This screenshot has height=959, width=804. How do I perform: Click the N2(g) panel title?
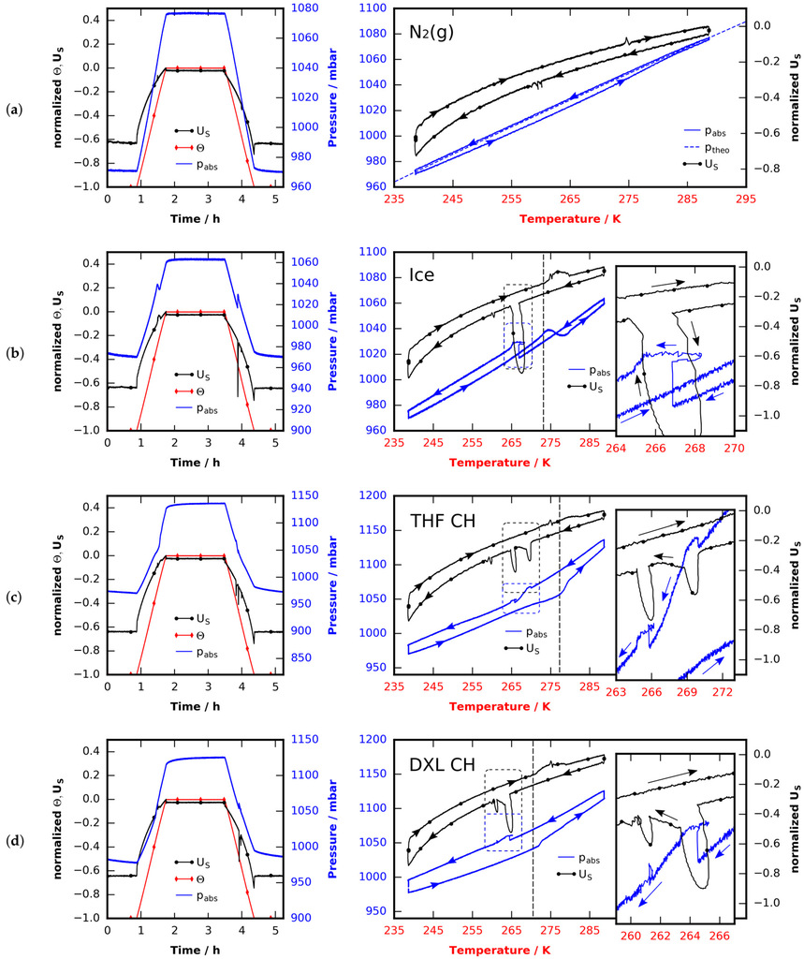[x=431, y=33]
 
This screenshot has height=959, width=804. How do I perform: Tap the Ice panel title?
[x=422, y=274]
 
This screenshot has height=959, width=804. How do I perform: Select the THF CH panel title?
[x=443, y=521]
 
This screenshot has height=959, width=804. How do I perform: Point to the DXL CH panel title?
[x=442, y=764]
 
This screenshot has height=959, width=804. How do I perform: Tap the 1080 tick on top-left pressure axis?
[x=305, y=7]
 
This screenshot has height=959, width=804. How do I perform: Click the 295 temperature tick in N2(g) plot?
[x=746, y=199]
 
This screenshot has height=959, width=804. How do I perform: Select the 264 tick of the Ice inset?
[x=616, y=449]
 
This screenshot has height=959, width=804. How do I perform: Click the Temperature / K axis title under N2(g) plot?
[x=570, y=219]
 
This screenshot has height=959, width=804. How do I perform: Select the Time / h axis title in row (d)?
[x=195, y=950]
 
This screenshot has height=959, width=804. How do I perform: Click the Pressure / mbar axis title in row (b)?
[x=332, y=341]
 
